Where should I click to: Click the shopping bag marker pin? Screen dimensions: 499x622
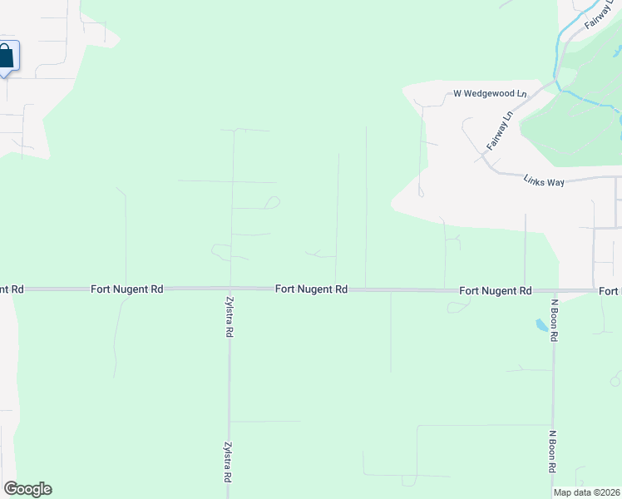(x=7, y=57)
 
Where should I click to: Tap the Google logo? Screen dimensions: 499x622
(x=27, y=489)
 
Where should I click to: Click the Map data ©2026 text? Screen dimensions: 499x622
(x=585, y=492)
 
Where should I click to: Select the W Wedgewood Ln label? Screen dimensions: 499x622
(x=490, y=94)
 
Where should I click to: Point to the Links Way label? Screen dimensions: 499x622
(x=544, y=180)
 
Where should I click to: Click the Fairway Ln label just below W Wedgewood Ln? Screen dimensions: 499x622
(x=498, y=131)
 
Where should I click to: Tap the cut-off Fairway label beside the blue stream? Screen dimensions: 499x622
(x=598, y=16)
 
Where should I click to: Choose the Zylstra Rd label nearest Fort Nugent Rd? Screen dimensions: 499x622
(x=229, y=317)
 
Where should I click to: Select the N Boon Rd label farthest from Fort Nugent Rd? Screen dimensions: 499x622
(x=551, y=451)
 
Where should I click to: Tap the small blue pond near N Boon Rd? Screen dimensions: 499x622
(x=543, y=325)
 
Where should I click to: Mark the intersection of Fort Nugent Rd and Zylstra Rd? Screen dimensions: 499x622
(x=230, y=289)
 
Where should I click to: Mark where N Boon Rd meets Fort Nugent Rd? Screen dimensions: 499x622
(x=554, y=291)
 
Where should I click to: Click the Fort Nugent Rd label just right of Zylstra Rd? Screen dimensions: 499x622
(x=311, y=289)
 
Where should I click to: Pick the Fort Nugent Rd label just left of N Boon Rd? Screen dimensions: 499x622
(x=495, y=291)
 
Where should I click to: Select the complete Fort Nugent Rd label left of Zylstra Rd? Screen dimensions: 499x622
(x=127, y=289)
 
